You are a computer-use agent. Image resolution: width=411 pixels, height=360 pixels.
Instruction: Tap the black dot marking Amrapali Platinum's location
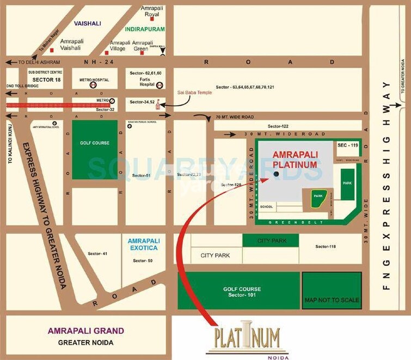coord(276,174)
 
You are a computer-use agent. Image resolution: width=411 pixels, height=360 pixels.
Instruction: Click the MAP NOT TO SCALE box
coord(332,300)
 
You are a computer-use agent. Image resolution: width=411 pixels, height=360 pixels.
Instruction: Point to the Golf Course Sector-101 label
coord(242,292)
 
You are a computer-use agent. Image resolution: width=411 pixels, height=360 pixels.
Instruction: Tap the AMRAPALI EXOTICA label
coord(143,244)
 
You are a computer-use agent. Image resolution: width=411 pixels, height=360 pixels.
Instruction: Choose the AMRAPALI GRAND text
coord(86,331)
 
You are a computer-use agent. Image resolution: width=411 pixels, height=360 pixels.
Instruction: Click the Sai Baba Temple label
coord(195,93)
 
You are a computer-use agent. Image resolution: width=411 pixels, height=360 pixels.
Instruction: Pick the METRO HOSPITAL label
coord(94,80)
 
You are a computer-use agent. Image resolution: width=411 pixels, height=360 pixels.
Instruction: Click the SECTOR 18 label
coord(33,80)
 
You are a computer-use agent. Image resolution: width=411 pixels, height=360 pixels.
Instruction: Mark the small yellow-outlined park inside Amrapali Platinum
coord(318,199)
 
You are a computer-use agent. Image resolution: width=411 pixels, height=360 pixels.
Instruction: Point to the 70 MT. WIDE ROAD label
coord(235,117)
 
